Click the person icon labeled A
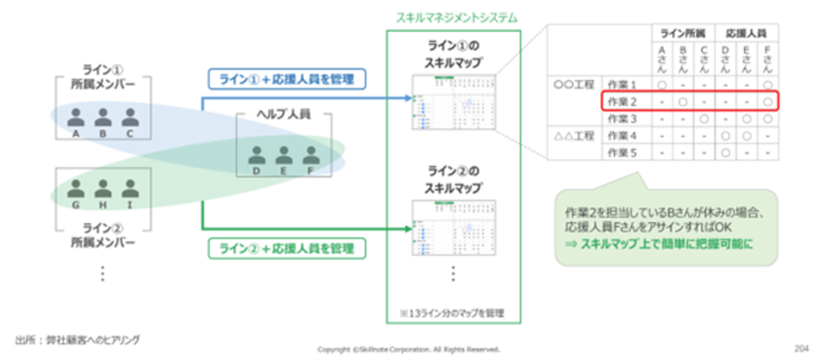tap(75, 117)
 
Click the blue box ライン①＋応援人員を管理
tap(286, 79)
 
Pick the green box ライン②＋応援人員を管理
tap(286, 249)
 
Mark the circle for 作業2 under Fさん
tap(767, 102)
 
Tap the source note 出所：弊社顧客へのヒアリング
tap(77, 340)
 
